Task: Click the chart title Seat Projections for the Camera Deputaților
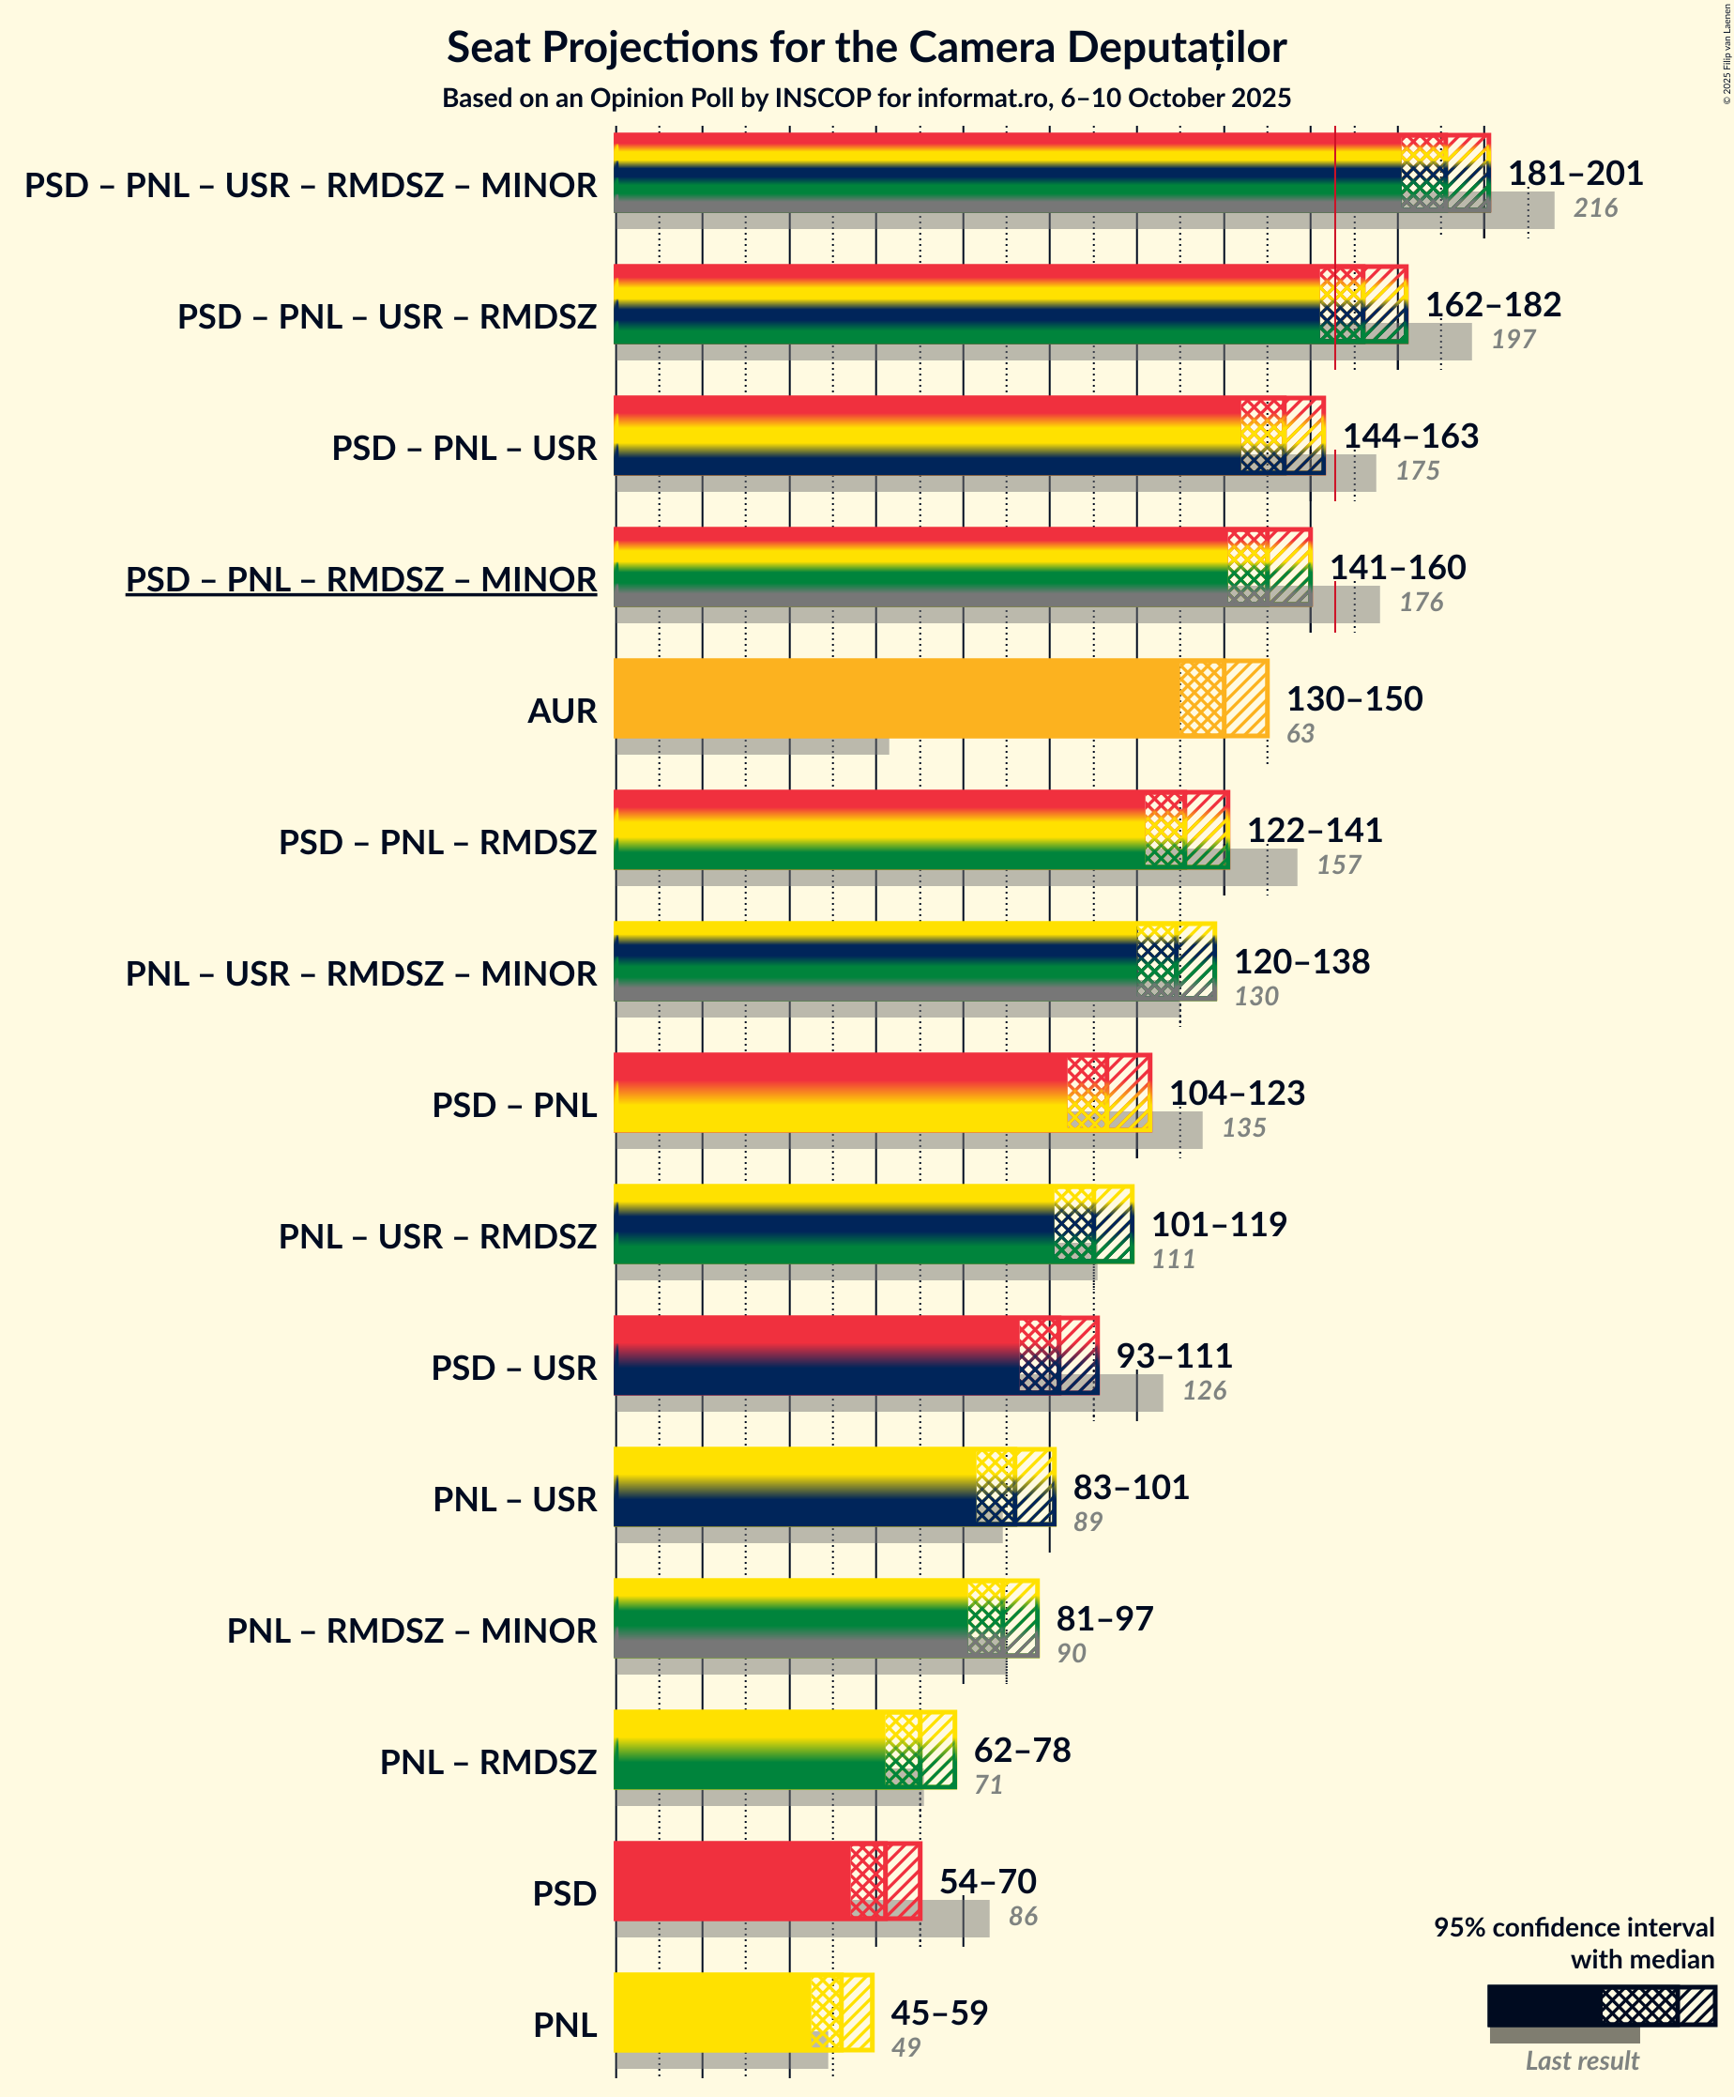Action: (x=866, y=48)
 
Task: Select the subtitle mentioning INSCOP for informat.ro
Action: (x=866, y=98)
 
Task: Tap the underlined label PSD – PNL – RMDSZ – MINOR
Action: (x=360, y=579)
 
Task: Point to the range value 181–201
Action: (x=1574, y=174)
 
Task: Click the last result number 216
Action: (x=1594, y=208)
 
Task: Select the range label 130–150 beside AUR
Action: (x=1354, y=699)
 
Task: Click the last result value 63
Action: (x=1300, y=734)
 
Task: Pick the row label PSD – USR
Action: (x=513, y=1368)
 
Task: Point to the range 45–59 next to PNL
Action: (x=938, y=2013)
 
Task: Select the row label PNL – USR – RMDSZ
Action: (x=437, y=1236)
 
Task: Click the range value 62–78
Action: (x=1021, y=1751)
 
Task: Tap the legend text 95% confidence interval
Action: (x=1574, y=1927)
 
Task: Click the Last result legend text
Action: (x=1581, y=2061)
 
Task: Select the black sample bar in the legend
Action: (x=1544, y=2005)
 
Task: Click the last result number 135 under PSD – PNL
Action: (x=1243, y=1128)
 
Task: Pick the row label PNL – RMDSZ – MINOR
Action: (x=411, y=1630)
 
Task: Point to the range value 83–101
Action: (x=1130, y=1488)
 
